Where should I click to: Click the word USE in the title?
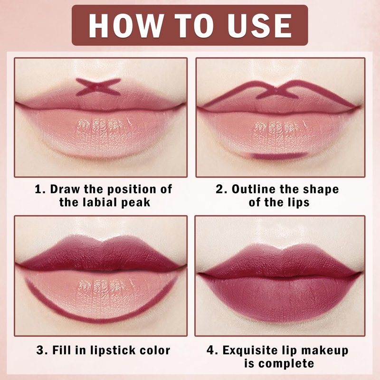(x=259, y=26)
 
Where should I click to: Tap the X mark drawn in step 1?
(x=98, y=86)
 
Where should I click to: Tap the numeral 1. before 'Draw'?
(x=40, y=189)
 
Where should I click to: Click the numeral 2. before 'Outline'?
(x=221, y=189)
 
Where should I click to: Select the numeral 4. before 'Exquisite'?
(x=212, y=351)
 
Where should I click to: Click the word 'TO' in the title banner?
(x=195, y=26)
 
